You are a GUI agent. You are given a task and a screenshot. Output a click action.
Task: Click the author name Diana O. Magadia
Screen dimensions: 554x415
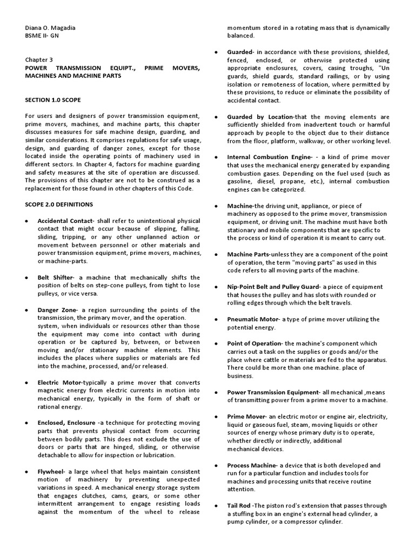pyautogui.click(x=51, y=28)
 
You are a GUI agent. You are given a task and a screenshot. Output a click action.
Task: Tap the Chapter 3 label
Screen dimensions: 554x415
pyautogui.click(x=39, y=60)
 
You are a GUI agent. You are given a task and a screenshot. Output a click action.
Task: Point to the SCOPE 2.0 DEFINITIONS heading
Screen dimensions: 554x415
pyautogui.click(x=59, y=205)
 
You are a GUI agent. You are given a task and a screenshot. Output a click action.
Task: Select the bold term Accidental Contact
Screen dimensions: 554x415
pyautogui.click(x=65, y=221)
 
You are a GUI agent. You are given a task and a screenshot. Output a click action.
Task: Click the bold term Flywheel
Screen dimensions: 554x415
pyautogui.click(x=51, y=472)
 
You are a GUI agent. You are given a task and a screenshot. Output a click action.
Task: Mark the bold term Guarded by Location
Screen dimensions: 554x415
pyautogui.click(x=260, y=117)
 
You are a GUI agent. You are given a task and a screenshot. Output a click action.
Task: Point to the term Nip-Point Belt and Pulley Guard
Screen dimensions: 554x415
pyautogui.click(x=274, y=287)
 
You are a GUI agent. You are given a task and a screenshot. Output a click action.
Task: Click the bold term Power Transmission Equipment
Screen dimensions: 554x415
pyautogui.click(x=273, y=392)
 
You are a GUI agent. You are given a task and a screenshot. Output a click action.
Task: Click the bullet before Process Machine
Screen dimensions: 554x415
pyautogui.click(x=216, y=465)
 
